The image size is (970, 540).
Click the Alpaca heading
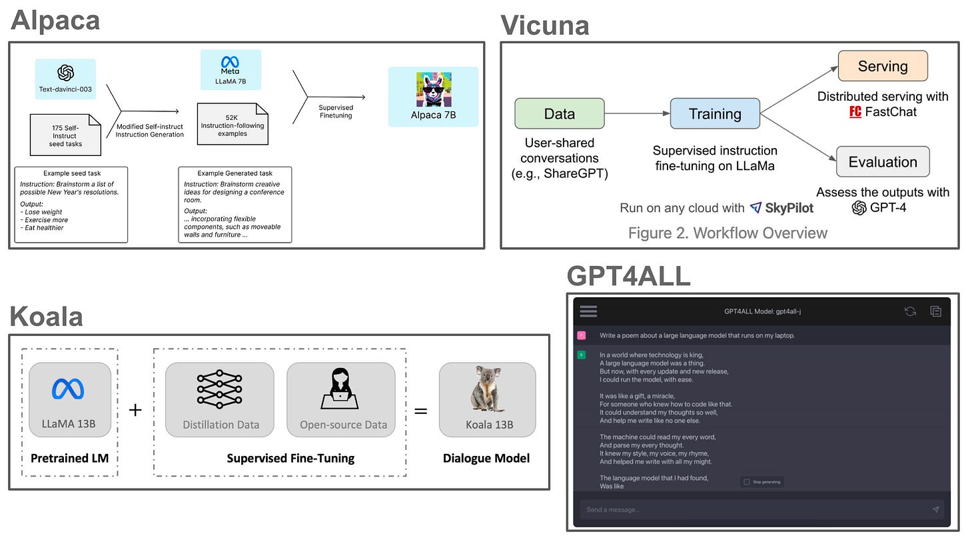[x=55, y=20]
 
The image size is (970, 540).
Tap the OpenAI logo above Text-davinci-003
[x=65, y=73]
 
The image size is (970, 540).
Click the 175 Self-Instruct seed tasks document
[x=66, y=136]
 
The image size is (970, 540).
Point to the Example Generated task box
[x=235, y=204]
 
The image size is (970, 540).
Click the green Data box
[x=560, y=113]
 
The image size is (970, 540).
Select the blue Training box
[x=715, y=113]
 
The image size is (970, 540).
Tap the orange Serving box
[x=883, y=66]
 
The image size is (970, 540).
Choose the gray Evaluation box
[x=883, y=161]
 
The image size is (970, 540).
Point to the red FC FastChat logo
[x=855, y=111]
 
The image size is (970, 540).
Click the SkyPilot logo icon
[x=755, y=208]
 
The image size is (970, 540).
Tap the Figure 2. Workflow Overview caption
[x=727, y=233]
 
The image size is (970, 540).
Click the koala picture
[x=486, y=389]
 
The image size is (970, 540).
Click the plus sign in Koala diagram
[x=135, y=409]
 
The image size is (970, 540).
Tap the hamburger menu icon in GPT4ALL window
[x=588, y=311]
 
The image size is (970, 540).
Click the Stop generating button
[x=762, y=481]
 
